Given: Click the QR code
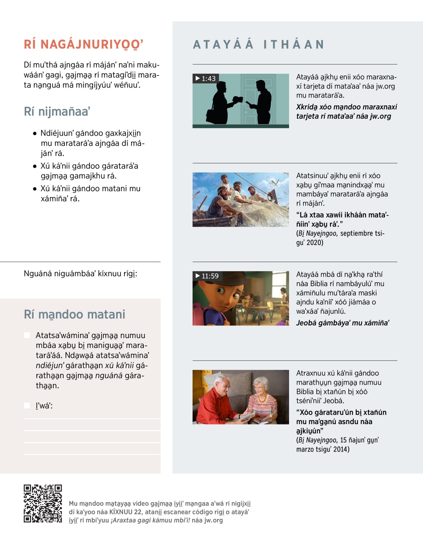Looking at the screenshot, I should point(43,503).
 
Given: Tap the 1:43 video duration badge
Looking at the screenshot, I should point(206,79).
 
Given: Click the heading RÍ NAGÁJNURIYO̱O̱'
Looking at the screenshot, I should point(84,44).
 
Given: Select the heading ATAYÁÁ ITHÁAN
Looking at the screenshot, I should point(258,44).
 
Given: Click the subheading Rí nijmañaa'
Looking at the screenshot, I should point(57,111).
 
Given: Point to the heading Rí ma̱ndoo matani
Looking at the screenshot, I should point(74,314).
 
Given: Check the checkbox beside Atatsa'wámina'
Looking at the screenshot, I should point(27,335).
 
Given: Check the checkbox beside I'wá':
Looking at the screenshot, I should point(27,405).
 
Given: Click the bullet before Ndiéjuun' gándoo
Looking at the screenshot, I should point(35,134).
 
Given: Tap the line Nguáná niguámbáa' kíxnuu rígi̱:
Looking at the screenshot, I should point(80,274).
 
